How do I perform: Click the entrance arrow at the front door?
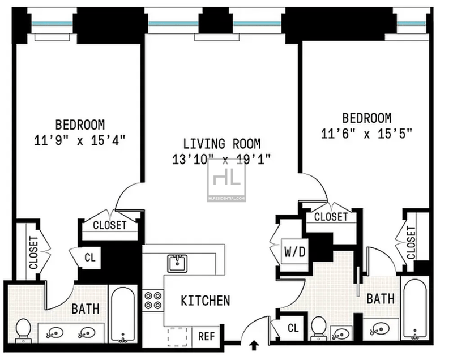click(x=254, y=345)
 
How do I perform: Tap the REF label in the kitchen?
click(x=207, y=336)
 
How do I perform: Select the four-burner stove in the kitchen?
click(x=153, y=300)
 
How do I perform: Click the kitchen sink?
click(x=177, y=263)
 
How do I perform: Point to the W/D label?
click(x=295, y=252)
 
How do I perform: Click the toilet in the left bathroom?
click(x=23, y=331)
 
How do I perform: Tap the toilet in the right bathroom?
click(x=319, y=328)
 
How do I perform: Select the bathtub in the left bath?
click(x=123, y=315)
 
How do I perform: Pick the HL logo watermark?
click(x=227, y=179)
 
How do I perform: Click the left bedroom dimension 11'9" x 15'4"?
click(x=80, y=141)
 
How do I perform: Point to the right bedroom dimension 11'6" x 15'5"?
click(x=366, y=134)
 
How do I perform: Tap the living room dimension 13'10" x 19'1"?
click(x=221, y=159)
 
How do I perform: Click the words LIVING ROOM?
click(x=222, y=144)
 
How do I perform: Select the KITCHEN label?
click(x=206, y=301)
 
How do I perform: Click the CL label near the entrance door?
click(x=293, y=328)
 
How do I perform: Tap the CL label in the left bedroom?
click(x=90, y=257)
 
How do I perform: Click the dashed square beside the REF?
click(x=177, y=337)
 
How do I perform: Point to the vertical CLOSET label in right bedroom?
click(x=411, y=242)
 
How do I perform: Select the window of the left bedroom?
click(x=52, y=24)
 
